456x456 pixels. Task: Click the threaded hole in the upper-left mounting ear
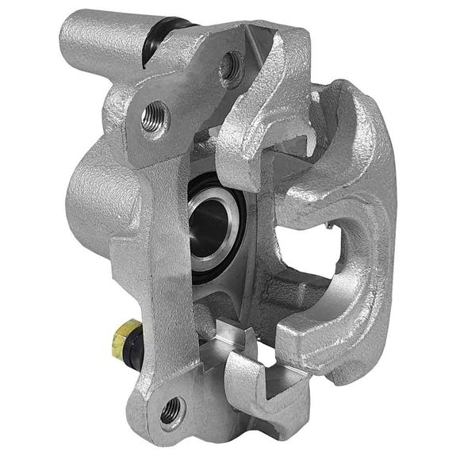coord(155,119)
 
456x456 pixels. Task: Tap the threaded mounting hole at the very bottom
coord(170,412)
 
